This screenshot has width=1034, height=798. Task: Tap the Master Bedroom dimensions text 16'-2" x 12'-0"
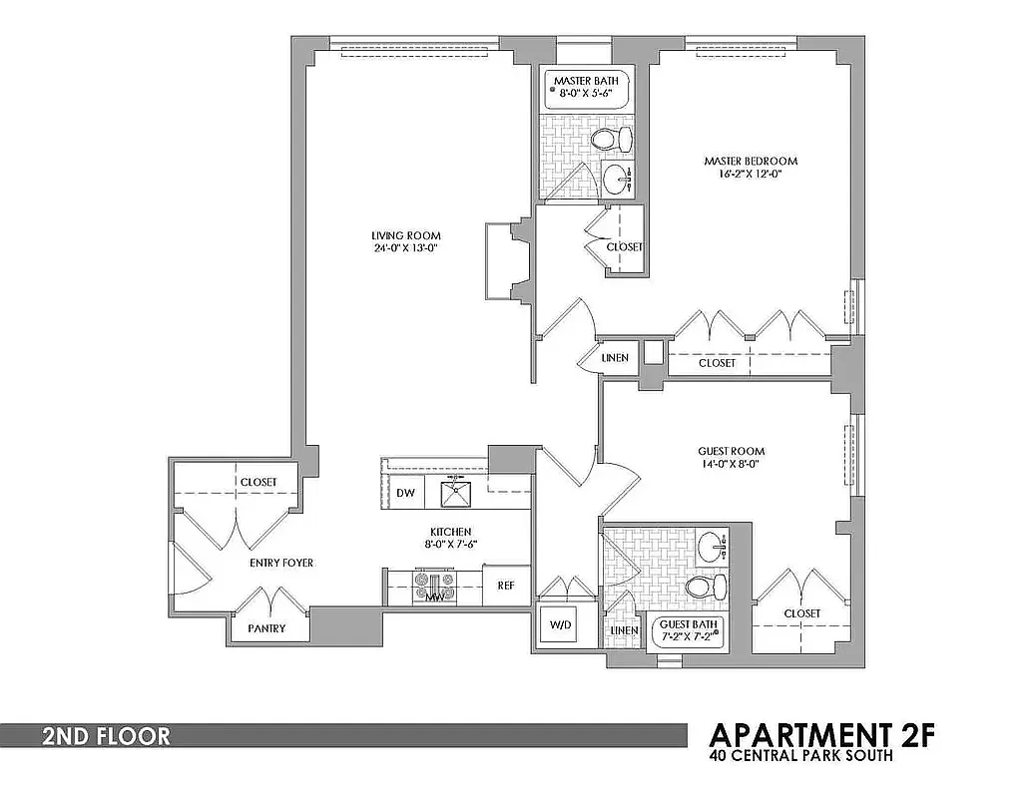click(x=750, y=174)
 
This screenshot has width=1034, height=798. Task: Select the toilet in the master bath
click(x=613, y=139)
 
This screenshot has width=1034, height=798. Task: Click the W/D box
click(x=559, y=626)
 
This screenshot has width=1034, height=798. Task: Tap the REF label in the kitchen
click(x=506, y=586)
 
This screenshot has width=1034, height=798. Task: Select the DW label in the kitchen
click(x=405, y=493)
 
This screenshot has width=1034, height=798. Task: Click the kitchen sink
click(x=455, y=492)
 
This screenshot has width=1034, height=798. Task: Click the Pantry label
click(x=266, y=628)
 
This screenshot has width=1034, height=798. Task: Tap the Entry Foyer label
click(x=280, y=564)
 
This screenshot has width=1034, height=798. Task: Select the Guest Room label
click(x=731, y=452)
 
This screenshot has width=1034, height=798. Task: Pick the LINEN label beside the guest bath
click(x=623, y=630)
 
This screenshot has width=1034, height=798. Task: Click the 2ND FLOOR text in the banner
click(x=105, y=737)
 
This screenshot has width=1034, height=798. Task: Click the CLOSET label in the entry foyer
click(x=258, y=482)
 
